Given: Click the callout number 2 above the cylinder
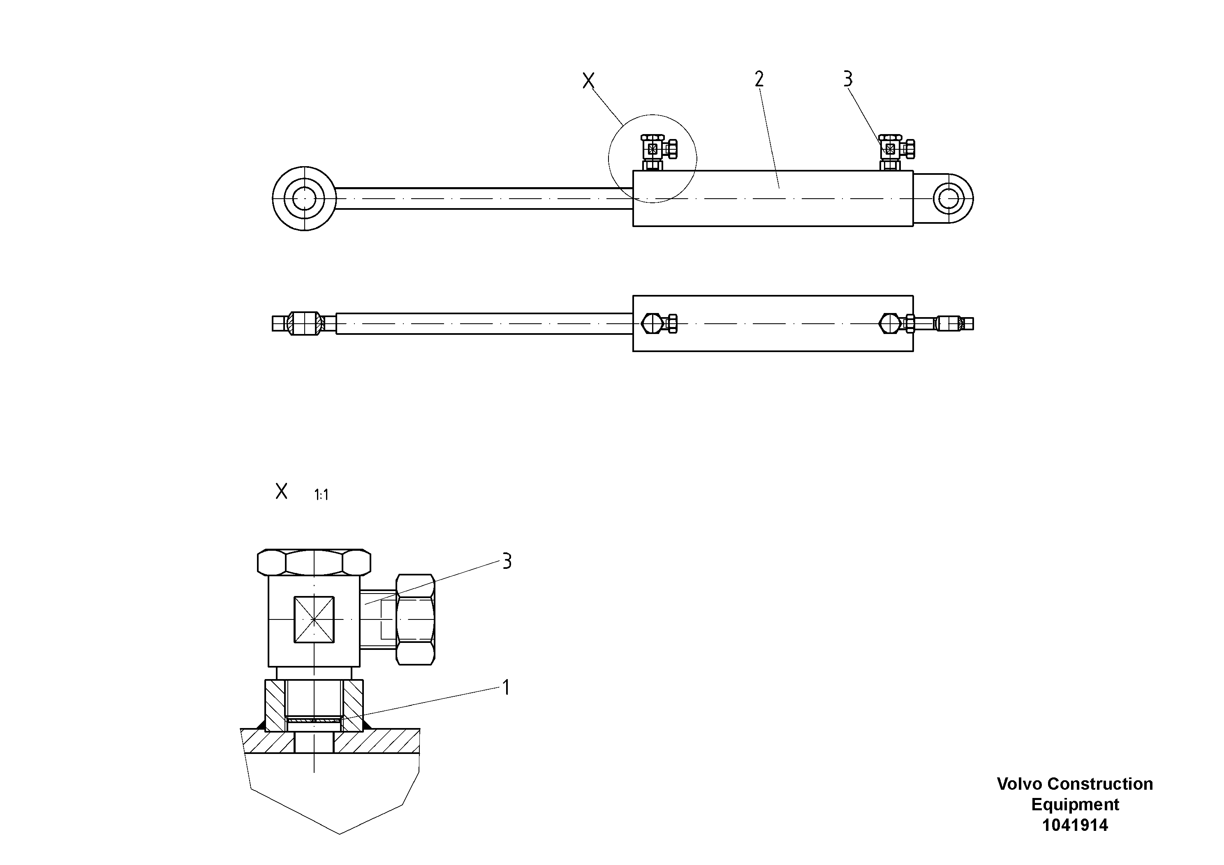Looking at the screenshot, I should tap(759, 79).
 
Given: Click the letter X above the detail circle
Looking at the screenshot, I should tap(588, 81).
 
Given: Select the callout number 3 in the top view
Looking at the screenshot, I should tap(848, 79).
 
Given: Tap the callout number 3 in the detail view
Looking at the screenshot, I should tap(507, 561).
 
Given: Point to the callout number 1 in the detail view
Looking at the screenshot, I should tap(506, 687).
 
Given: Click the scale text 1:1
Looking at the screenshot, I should tap(321, 495).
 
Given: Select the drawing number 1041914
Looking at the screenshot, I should tap(1075, 825).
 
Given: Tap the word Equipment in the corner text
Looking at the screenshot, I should tap(1075, 804).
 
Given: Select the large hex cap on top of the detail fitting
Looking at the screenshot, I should tap(314, 562).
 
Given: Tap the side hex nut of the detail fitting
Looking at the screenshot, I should tap(415, 620).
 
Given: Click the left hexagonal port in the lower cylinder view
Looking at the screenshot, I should tap(652, 323).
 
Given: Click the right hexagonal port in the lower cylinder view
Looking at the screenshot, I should tap(890, 323).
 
